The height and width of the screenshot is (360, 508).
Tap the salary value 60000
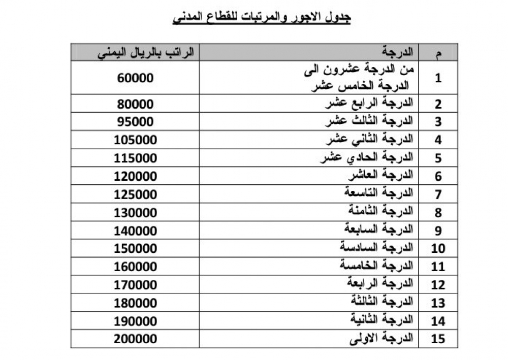click(x=135, y=78)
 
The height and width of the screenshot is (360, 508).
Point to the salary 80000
click(x=135, y=104)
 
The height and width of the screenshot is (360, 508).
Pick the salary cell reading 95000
click(x=135, y=122)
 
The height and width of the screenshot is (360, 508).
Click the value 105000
click(x=136, y=140)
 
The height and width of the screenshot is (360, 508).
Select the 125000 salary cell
click(x=136, y=194)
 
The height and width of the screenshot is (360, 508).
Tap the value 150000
click(x=136, y=249)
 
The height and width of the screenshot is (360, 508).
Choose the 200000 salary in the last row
click(x=136, y=339)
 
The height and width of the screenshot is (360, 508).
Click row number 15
click(x=438, y=339)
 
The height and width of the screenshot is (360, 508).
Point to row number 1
click(x=438, y=78)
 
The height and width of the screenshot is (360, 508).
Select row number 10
click(x=438, y=249)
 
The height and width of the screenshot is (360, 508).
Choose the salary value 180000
click(x=136, y=303)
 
